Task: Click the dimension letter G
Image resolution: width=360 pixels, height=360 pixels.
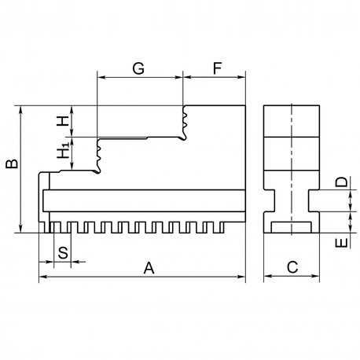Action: pyautogui.click(x=138, y=68)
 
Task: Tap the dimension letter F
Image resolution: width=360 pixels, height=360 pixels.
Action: pyautogui.click(x=217, y=68)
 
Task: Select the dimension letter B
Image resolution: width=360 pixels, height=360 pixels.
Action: pyautogui.click(x=12, y=163)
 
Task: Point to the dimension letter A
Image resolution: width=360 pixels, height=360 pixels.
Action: pyautogui.click(x=149, y=268)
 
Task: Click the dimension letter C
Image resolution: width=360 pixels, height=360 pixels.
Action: pyautogui.click(x=292, y=267)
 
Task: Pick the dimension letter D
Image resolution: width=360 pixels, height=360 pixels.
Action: pyautogui.click(x=342, y=182)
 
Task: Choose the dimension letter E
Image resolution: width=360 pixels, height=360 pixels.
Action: pyautogui.click(x=342, y=243)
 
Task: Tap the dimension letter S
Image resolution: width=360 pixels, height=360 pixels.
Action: pyautogui.click(x=63, y=253)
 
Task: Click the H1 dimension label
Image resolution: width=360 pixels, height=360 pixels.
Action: pyautogui.click(x=63, y=150)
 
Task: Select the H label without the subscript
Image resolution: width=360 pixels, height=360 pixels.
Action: pyautogui.click(x=63, y=121)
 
